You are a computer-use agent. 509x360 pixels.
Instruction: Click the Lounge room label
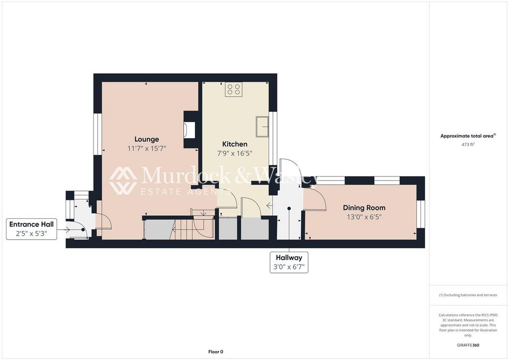click(147, 139)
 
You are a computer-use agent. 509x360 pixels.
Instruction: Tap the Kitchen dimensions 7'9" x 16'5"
click(235, 153)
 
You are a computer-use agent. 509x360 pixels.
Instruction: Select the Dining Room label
click(364, 208)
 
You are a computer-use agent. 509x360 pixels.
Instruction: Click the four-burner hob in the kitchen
click(234, 90)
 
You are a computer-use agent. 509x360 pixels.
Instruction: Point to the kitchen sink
click(261, 126)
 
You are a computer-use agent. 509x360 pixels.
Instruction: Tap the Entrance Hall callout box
click(31, 229)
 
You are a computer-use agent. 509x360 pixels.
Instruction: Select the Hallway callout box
click(289, 262)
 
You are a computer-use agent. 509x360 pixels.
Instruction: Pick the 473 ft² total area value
click(468, 144)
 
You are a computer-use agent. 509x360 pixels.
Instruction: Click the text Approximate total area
click(468, 136)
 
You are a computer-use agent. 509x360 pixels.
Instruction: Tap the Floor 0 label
click(215, 352)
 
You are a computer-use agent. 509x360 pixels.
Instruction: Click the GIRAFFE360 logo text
click(468, 345)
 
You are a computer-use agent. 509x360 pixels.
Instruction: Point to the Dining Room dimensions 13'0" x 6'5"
click(364, 217)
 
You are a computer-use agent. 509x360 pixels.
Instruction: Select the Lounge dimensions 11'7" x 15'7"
click(147, 148)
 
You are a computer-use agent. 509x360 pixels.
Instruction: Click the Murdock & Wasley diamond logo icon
click(123, 180)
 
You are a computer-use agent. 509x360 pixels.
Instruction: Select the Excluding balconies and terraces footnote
click(468, 295)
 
